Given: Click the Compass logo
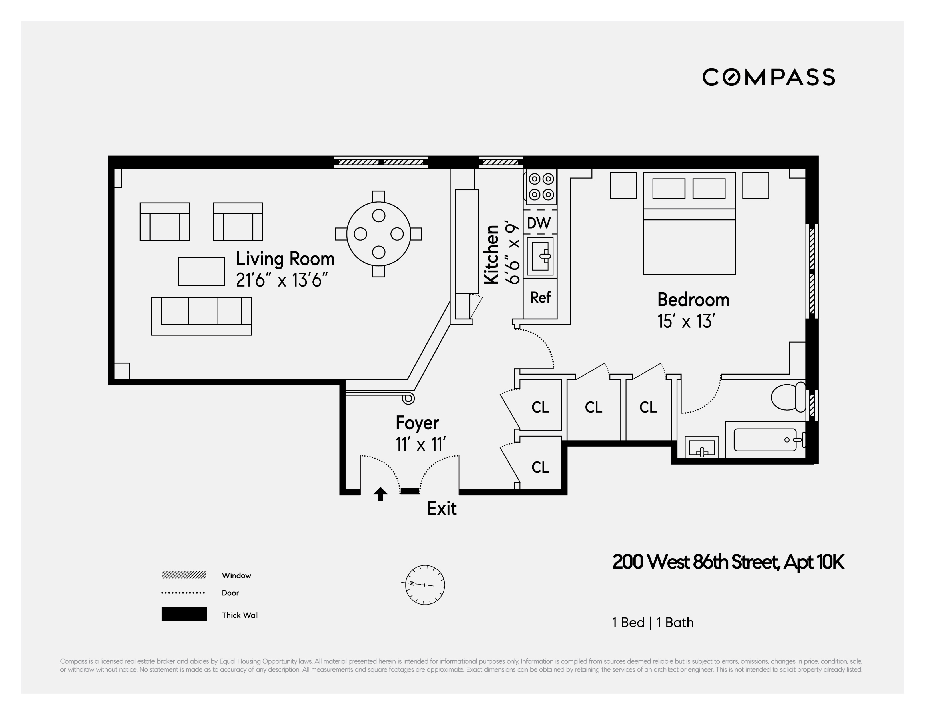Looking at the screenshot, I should tap(768, 77).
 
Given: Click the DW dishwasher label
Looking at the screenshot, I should tap(539, 223).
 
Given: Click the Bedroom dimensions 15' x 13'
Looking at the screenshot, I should tap(686, 321).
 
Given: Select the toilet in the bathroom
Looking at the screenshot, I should tap(788, 397).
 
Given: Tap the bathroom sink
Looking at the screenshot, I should tap(701, 448).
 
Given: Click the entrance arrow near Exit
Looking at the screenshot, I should tap(380, 494).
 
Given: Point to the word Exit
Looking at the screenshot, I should tap(441, 508).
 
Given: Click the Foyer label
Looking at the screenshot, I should tap(417, 423).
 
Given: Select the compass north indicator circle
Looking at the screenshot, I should tap(425, 585).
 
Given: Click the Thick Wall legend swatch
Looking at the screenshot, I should tap(184, 614).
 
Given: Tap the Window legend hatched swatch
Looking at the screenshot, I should tap(184, 575).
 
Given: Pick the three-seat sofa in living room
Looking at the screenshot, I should tap(202, 316).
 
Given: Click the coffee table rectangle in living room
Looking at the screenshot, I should tap(201, 271).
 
